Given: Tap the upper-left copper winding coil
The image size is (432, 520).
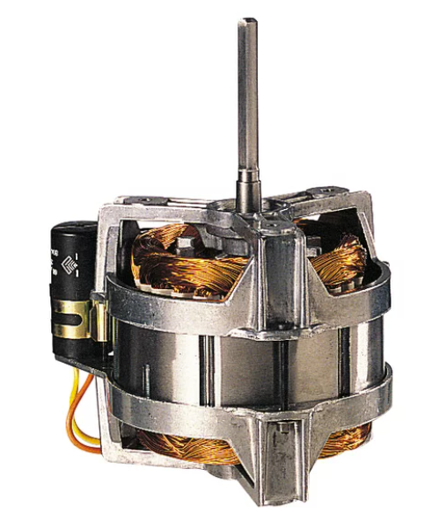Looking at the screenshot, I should pos(176,259).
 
